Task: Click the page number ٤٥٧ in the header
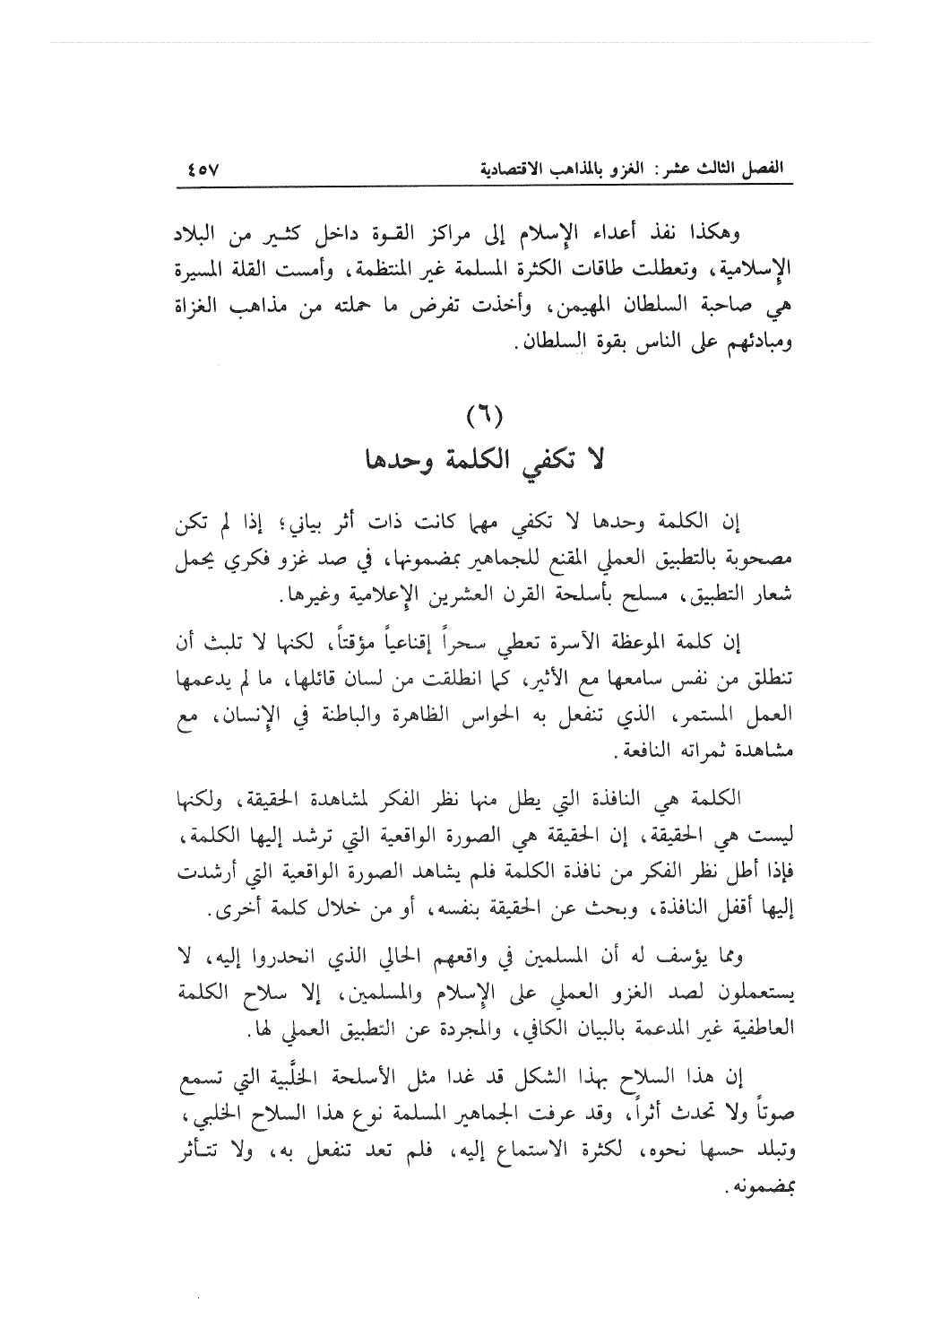pyautogui.click(x=208, y=168)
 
